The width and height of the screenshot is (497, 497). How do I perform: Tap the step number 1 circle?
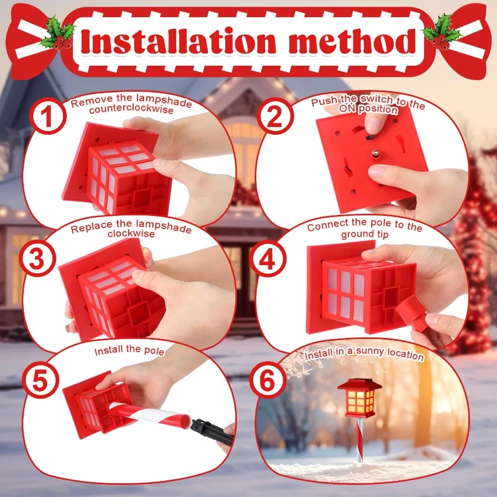pos(48,116)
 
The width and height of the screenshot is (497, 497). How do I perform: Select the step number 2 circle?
pos(275,116)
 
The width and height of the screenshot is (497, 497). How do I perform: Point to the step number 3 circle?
pos(38,258)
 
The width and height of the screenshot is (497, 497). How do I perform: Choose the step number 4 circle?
pos(267,258)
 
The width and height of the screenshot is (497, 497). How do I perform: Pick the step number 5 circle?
pos(40,380)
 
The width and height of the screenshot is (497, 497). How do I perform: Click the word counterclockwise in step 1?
pos(131,109)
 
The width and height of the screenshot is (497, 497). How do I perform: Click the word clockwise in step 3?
pos(131,234)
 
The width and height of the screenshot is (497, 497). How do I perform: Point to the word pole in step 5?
pos(154,351)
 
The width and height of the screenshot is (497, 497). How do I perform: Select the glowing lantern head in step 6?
pos(359,398)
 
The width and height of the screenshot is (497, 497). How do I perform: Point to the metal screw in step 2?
pos(376,153)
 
